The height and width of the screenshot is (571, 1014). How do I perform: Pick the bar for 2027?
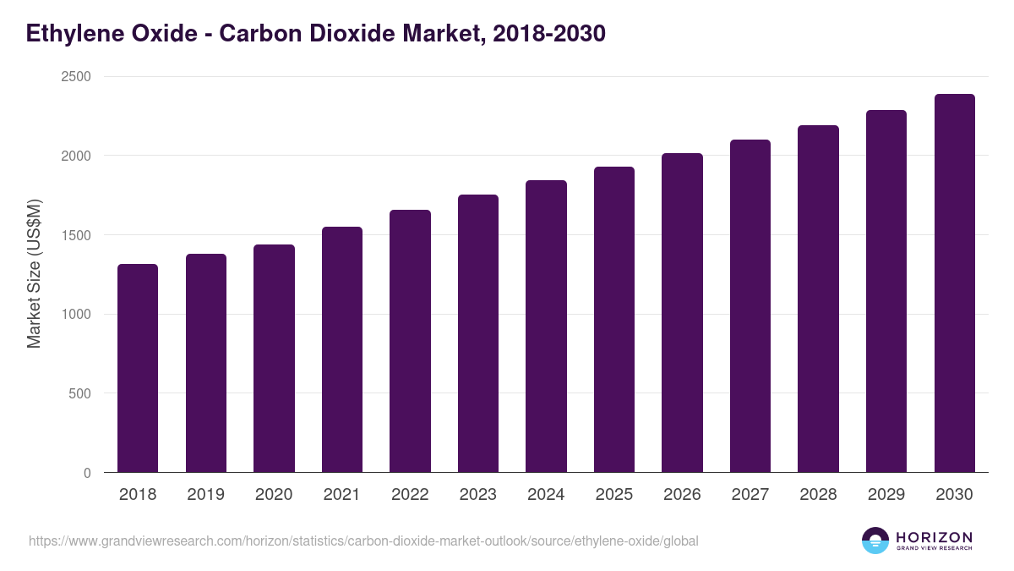click(x=750, y=305)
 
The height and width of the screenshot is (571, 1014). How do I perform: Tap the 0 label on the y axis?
click(x=87, y=474)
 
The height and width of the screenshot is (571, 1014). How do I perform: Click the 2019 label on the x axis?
click(x=206, y=495)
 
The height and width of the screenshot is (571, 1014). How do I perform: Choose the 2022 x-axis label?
click(x=410, y=495)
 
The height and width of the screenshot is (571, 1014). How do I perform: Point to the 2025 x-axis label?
click(x=614, y=495)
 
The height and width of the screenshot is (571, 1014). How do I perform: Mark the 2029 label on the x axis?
click(x=886, y=495)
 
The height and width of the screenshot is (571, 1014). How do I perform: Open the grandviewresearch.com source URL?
click(x=363, y=541)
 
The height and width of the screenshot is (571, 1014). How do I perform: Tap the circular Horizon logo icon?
click(x=875, y=541)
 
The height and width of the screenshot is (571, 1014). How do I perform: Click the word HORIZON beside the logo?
click(x=934, y=537)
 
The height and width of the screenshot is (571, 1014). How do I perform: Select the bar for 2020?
click(x=274, y=359)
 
